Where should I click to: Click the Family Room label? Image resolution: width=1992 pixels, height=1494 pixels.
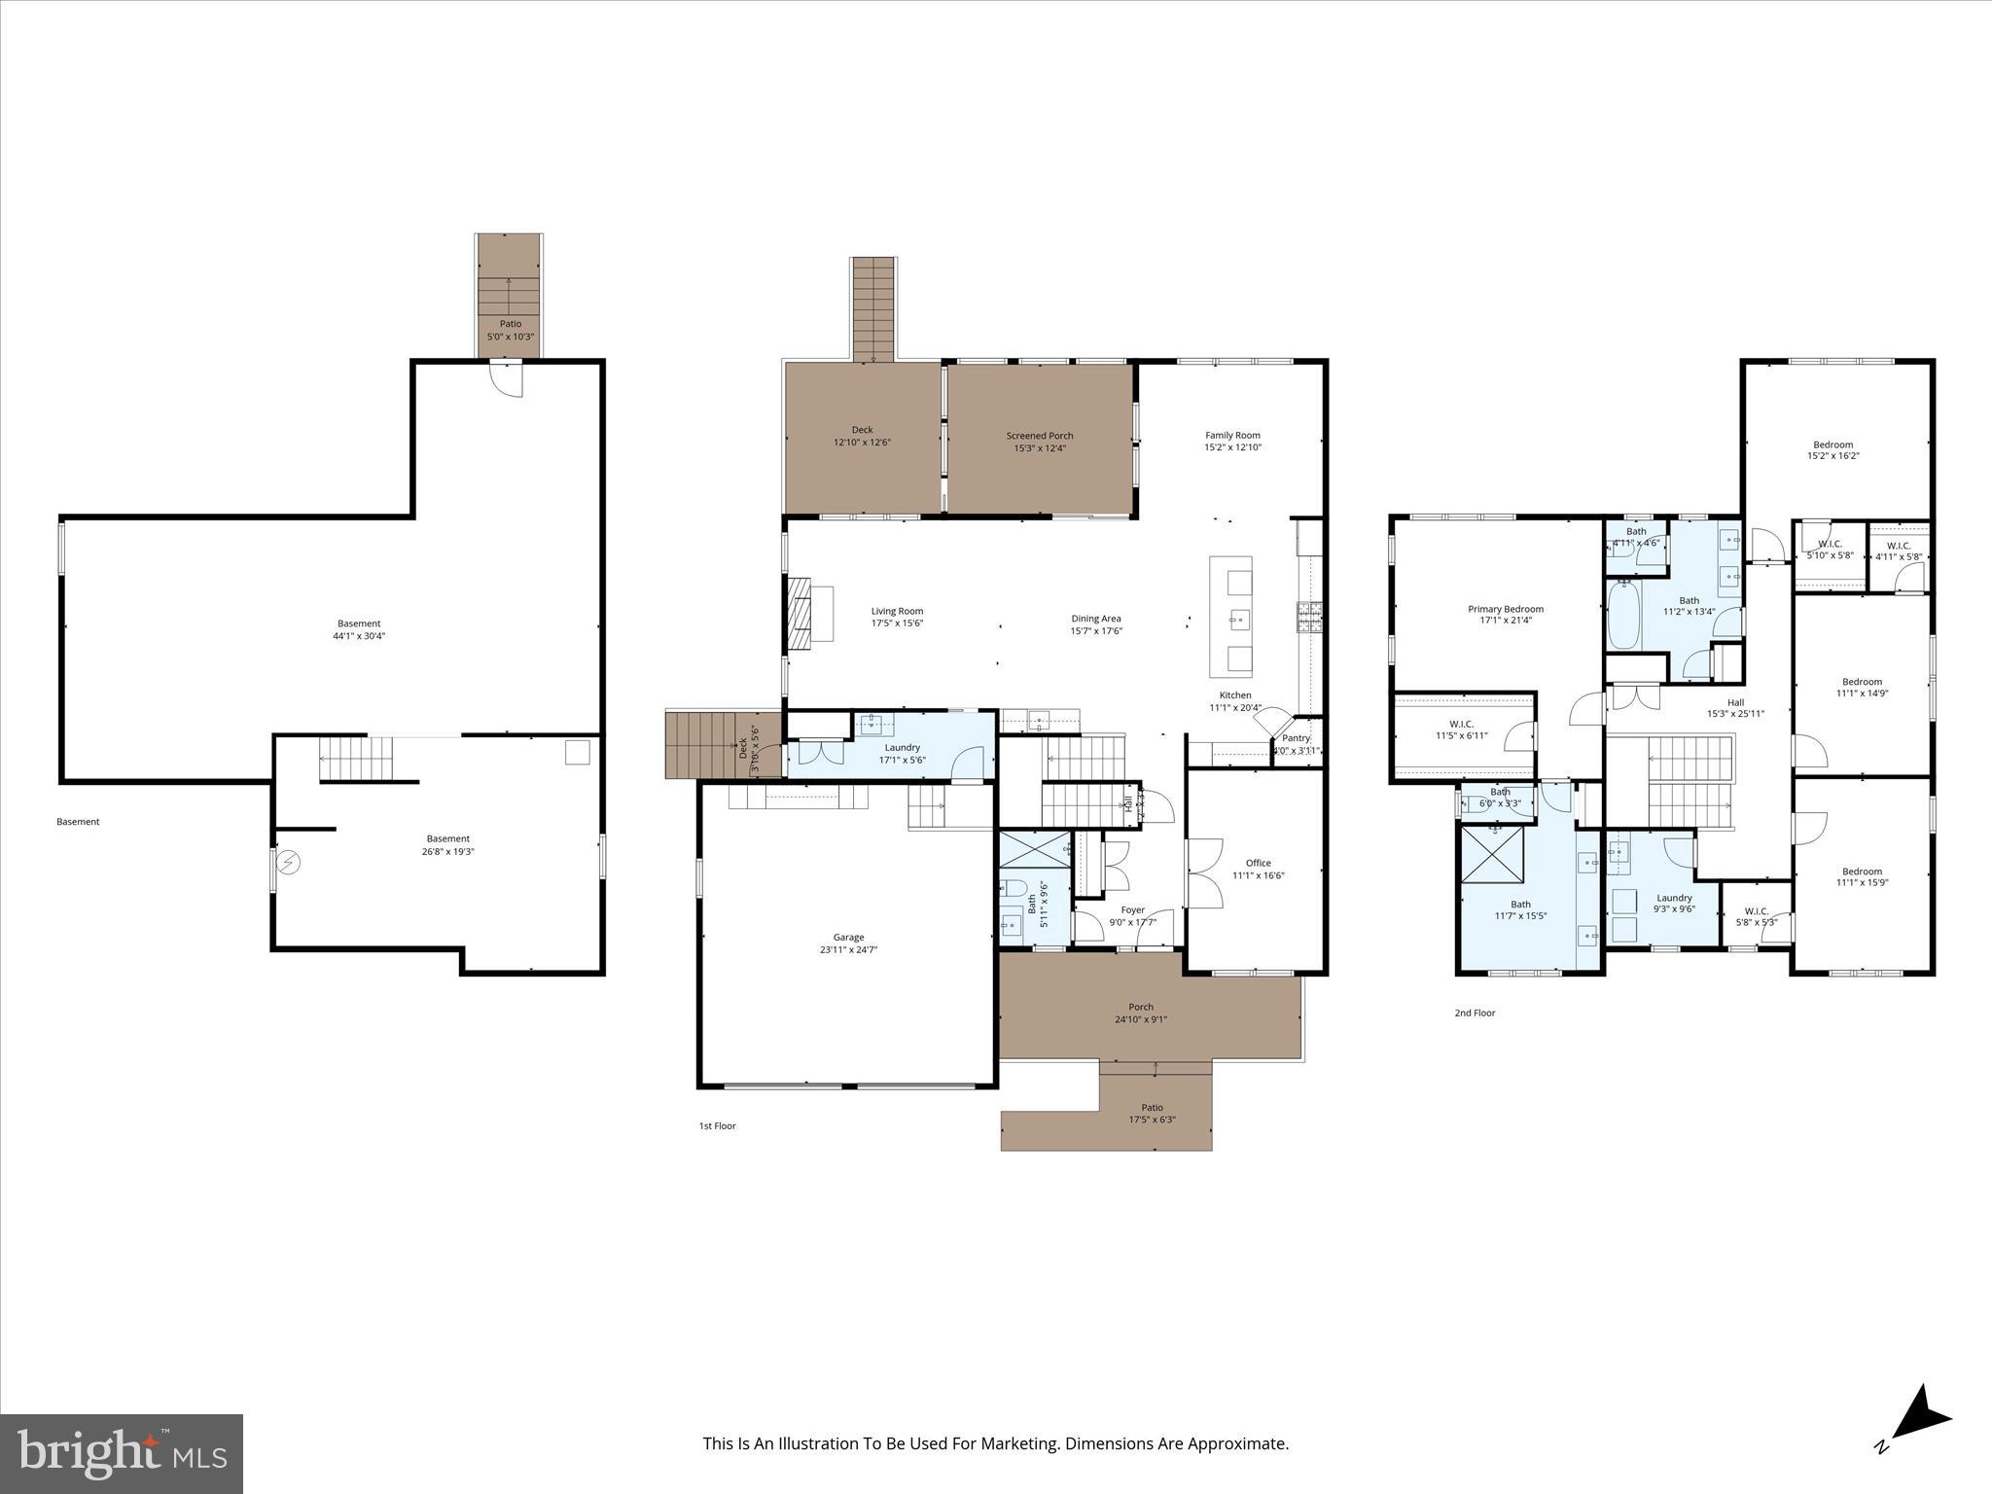pos(1232,436)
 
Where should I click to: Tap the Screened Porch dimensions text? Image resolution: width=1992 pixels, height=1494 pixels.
pos(1040,448)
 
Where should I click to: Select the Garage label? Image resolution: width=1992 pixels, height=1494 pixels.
pos(848,938)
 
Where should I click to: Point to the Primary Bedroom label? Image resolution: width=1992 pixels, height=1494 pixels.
pos(1506,609)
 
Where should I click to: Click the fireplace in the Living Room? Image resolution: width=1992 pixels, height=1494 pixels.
pos(800,613)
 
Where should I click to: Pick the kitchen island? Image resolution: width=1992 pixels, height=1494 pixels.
pos(1230,617)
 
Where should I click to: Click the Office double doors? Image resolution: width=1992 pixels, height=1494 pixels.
pos(1203,873)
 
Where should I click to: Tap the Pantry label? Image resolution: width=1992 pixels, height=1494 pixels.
pos(1296,738)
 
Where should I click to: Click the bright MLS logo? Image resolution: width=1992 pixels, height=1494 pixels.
pos(122,1453)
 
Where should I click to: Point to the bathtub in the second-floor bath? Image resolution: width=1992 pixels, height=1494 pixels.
pos(1623,615)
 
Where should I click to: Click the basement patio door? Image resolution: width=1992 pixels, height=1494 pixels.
pos(507,378)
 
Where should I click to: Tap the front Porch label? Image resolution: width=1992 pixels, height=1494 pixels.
pos(1141,1007)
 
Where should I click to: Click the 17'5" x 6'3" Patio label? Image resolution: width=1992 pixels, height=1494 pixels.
pos(1152,1120)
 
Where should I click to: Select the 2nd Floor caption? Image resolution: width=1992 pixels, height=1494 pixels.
pos(1475,1013)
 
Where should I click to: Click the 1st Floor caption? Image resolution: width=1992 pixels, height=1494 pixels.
pos(717,1125)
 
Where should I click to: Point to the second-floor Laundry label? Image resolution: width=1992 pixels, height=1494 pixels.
pos(1674,898)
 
